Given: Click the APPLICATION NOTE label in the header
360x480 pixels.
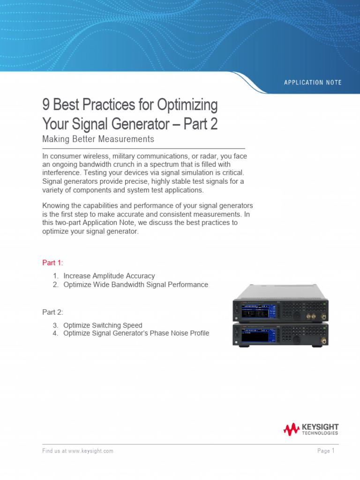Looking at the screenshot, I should pos(313,82).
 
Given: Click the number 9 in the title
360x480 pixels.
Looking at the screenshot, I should pos(45,105).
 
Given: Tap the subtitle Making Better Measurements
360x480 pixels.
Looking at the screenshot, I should pos(98,139).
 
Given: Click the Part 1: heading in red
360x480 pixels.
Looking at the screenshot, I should pos(52,262).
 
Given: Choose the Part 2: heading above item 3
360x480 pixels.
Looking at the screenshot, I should pos(52,312).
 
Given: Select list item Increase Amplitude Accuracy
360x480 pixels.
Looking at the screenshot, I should pos(109,276).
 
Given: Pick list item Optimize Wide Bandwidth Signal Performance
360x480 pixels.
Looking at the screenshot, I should pos(135,285).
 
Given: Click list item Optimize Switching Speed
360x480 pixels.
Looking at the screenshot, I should pos(103,325).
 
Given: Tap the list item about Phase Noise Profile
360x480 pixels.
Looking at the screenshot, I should pos(136,333).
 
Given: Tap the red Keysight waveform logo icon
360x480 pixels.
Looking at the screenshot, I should pos(291,429).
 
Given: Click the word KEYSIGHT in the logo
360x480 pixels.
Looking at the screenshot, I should pos(320,427).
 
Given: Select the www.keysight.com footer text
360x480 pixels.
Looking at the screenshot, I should pos(90,451).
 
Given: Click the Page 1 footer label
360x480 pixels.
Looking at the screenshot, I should pos(326,451).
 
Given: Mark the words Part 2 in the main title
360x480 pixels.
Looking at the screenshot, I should pos(200,124).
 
